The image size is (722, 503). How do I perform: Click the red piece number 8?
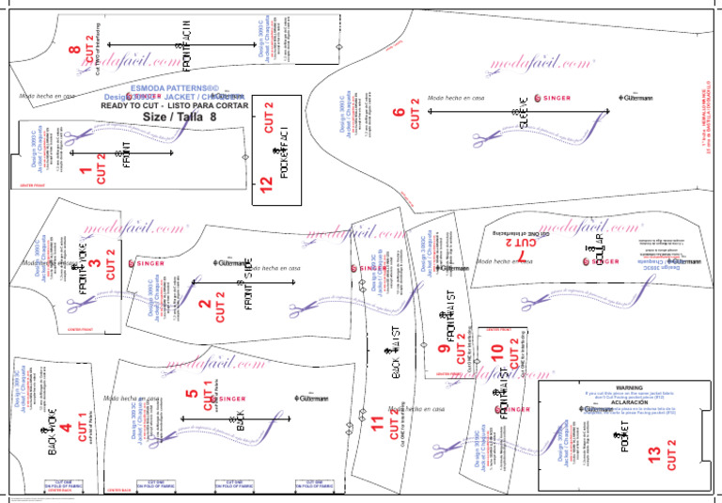click(74, 45)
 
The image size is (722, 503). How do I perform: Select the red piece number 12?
click(266, 186)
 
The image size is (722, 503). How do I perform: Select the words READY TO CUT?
click(127, 106)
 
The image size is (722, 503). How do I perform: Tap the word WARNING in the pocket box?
click(602, 386)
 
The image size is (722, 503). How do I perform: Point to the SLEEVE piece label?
click(523, 112)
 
